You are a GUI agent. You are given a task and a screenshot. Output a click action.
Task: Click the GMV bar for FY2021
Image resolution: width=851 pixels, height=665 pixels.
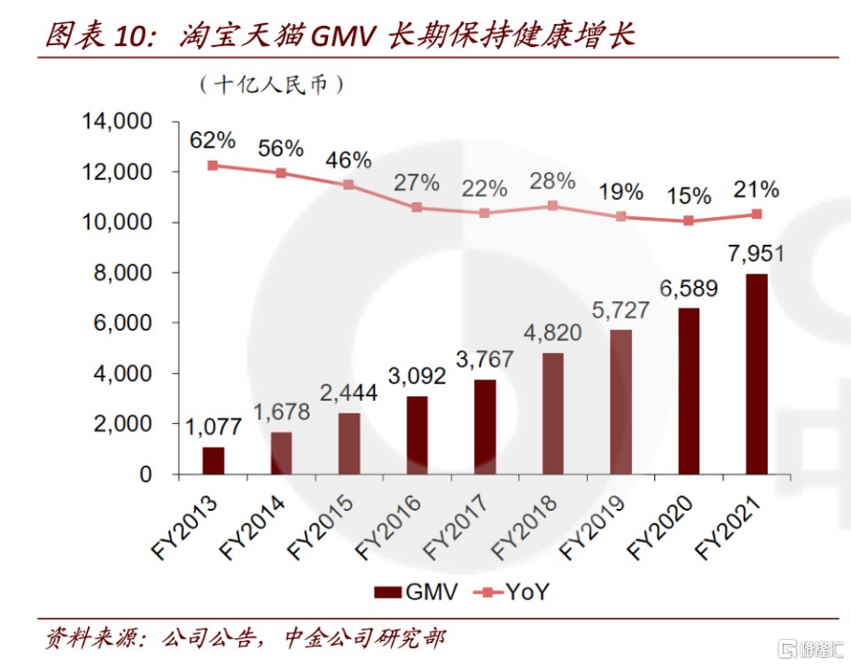point(757,373)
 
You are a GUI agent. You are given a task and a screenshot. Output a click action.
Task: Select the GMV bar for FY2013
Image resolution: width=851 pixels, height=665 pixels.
point(213,460)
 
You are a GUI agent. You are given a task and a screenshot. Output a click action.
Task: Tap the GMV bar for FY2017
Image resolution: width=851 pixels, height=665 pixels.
point(485,427)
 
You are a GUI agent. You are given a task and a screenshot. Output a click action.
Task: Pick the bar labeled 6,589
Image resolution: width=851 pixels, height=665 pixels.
point(688,391)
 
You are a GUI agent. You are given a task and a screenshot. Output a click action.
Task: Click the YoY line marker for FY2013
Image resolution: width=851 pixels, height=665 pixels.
point(213,165)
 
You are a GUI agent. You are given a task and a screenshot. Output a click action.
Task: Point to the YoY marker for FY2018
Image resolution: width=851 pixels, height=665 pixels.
point(553,205)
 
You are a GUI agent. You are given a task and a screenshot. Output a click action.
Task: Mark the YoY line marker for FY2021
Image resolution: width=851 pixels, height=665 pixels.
point(757,213)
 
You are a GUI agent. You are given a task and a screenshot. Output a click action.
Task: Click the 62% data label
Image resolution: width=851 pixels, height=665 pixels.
point(213,141)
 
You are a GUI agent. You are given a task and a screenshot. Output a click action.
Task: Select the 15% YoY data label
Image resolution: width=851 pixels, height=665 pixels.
point(688,195)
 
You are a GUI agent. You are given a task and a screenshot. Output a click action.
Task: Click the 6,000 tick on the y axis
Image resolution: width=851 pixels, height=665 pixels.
point(123,323)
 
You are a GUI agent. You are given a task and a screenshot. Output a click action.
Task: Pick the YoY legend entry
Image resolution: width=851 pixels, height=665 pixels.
point(513,592)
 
